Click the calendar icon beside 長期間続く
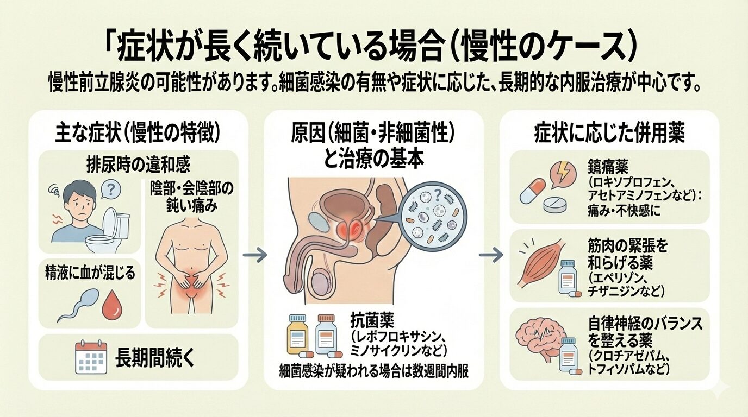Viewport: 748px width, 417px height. pyautogui.click(x=91, y=357)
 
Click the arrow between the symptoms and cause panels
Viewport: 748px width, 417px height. pyautogui.click(x=254, y=254)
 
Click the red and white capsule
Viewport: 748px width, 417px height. pyautogui.click(x=533, y=190)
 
